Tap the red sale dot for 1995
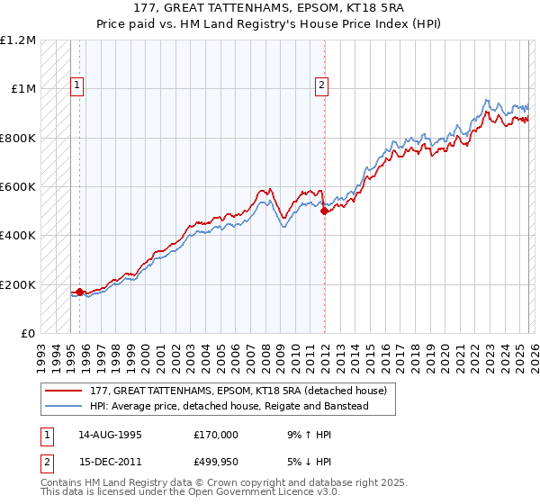tap(79, 292)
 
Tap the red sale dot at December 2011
tap(324, 211)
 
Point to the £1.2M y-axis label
tap(18, 40)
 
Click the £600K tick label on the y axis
tap(18, 187)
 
